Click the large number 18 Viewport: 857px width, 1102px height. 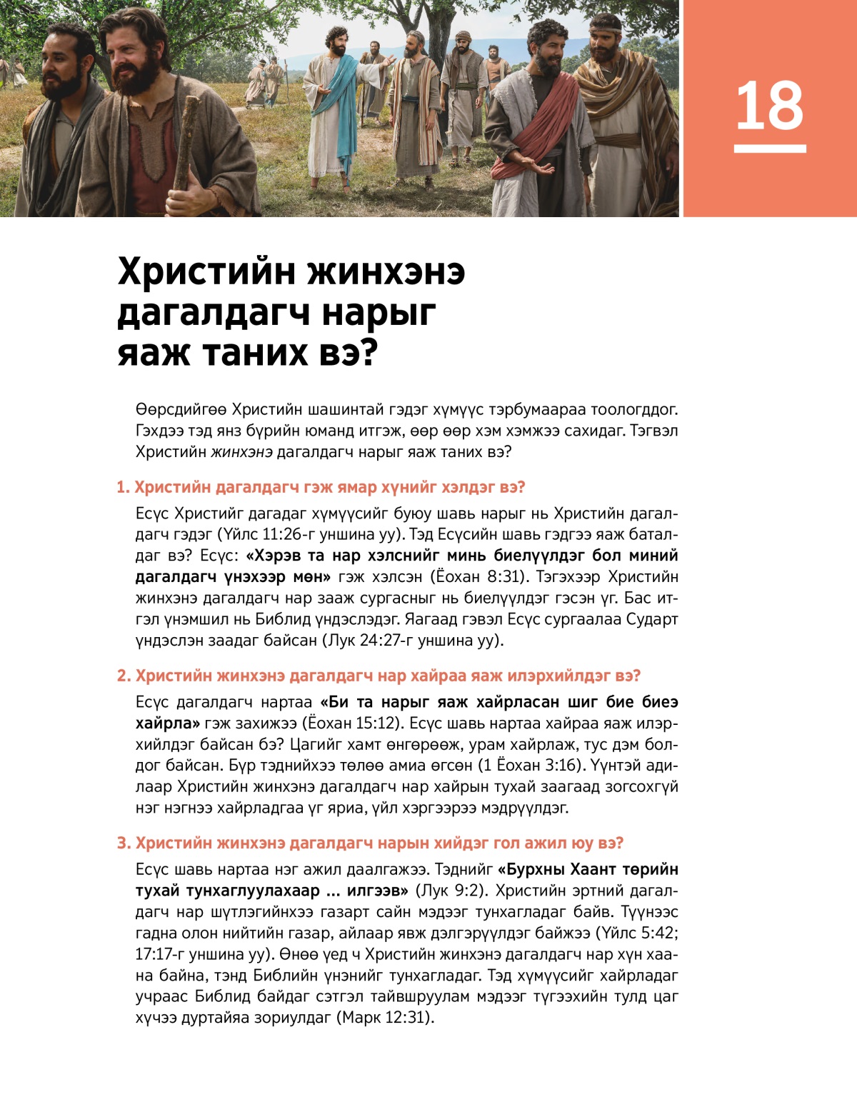click(x=769, y=106)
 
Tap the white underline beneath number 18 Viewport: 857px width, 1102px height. click(x=770, y=149)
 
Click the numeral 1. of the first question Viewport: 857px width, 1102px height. click(x=124, y=488)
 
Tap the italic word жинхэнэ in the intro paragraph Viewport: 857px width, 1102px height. click(x=241, y=452)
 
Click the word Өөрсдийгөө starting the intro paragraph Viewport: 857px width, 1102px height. click(x=181, y=410)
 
